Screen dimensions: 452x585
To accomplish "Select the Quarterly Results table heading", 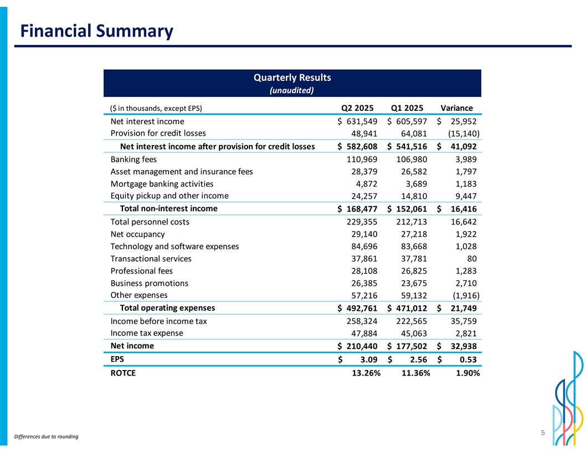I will coord(291,77).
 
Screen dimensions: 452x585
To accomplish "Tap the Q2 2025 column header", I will coord(357,108).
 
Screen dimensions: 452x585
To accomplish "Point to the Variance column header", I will coord(456,108).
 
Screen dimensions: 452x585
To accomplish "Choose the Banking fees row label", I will coord(134,160).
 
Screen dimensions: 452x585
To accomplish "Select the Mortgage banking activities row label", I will coord(162,184).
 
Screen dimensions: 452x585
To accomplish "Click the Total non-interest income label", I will coord(168,209).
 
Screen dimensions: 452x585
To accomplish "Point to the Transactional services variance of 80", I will coord(471,259).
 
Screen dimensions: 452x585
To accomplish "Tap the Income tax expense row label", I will coord(147,333).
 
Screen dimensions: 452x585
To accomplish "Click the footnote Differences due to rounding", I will coord(46,437).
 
